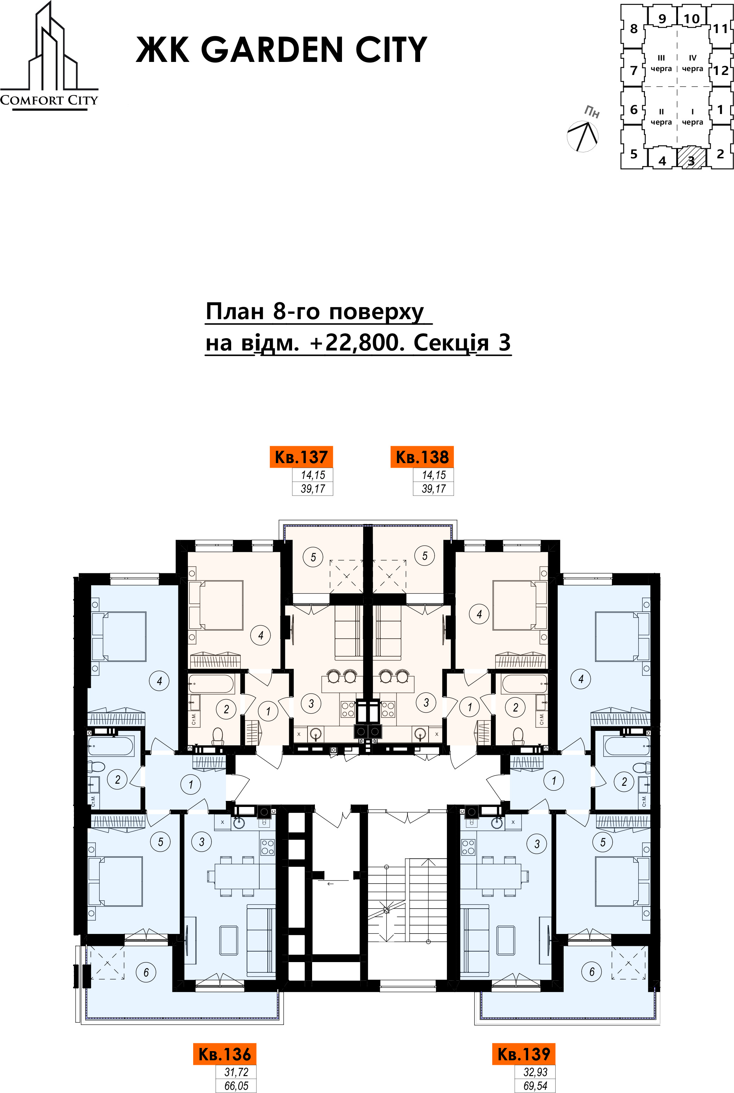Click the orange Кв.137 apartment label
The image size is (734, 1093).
point(301,457)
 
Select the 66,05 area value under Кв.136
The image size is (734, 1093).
point(236,1086)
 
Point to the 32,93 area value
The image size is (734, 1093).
point(536,1072)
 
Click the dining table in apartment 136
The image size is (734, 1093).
point(237,875)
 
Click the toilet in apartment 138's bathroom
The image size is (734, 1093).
point(518,735)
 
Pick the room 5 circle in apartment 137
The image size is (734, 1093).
point(313,557)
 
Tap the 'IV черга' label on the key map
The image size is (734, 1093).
point(692,63)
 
